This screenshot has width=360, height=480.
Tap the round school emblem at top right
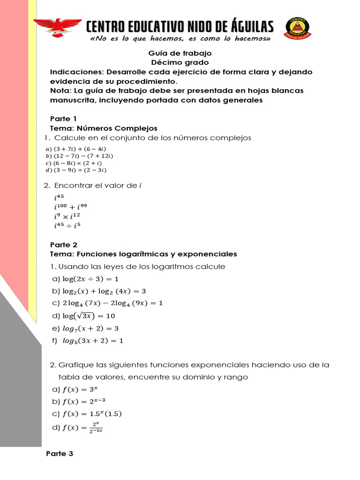pos(298,30)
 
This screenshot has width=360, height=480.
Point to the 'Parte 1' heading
pos(63,118)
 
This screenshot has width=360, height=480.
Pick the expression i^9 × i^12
pos(68,217)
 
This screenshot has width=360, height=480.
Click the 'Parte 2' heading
pos(64,245)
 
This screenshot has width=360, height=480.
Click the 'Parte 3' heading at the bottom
pos(60,454)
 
